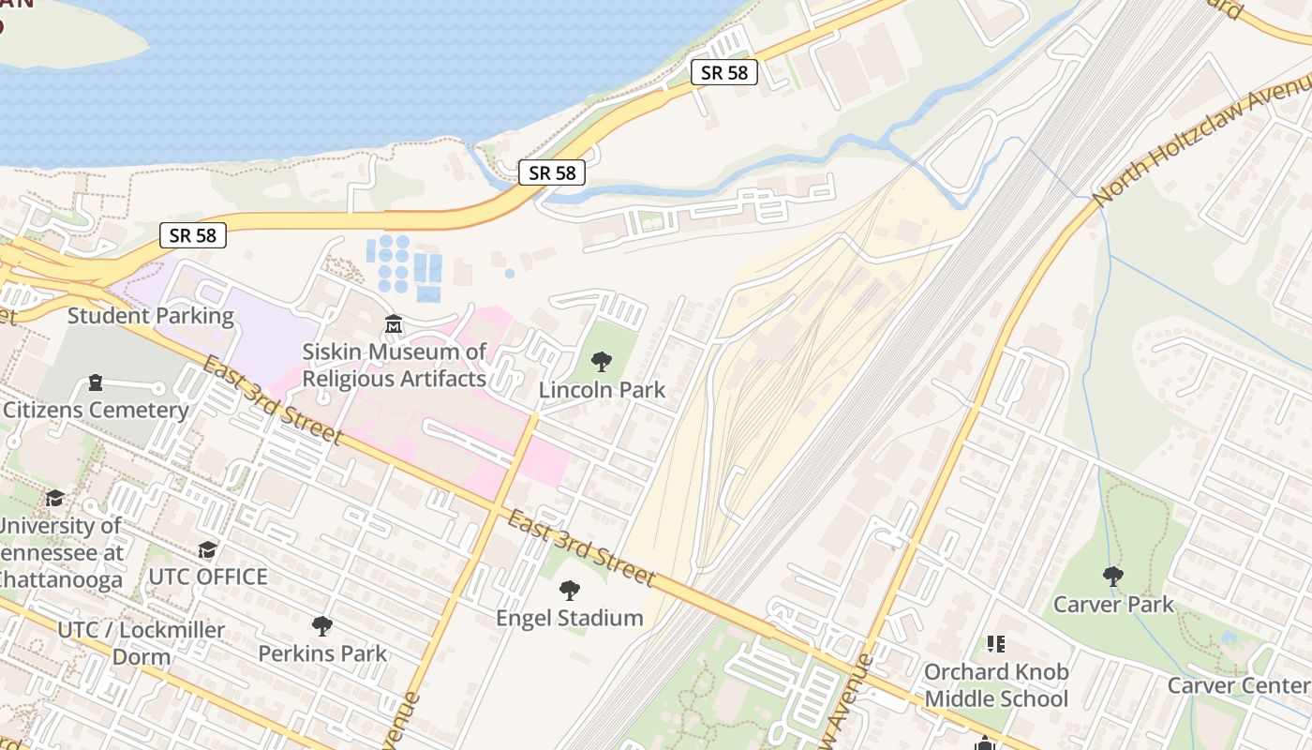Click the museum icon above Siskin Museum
394,324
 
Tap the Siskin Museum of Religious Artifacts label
395,365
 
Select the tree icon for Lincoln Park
602,362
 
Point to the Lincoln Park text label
602,390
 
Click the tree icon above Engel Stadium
569,591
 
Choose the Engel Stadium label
569,618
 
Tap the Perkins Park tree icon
322,625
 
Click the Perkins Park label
322,653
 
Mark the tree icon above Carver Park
1112,576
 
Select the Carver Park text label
1112,604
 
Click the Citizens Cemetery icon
95,382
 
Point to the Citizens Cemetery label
96,410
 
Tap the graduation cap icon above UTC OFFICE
207,549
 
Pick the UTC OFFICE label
208,577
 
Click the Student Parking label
150,315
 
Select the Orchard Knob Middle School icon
995,644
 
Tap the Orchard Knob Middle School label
995,685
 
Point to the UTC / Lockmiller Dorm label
142,642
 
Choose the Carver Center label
1237,685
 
